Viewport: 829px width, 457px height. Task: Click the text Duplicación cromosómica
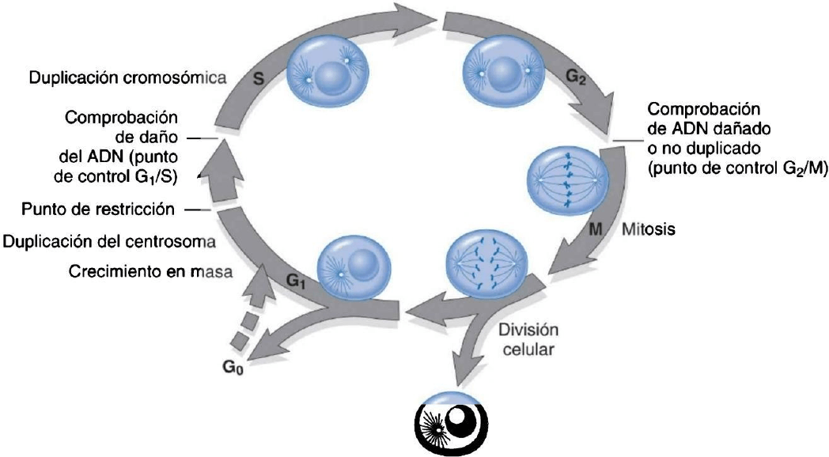(x=127, y=78)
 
